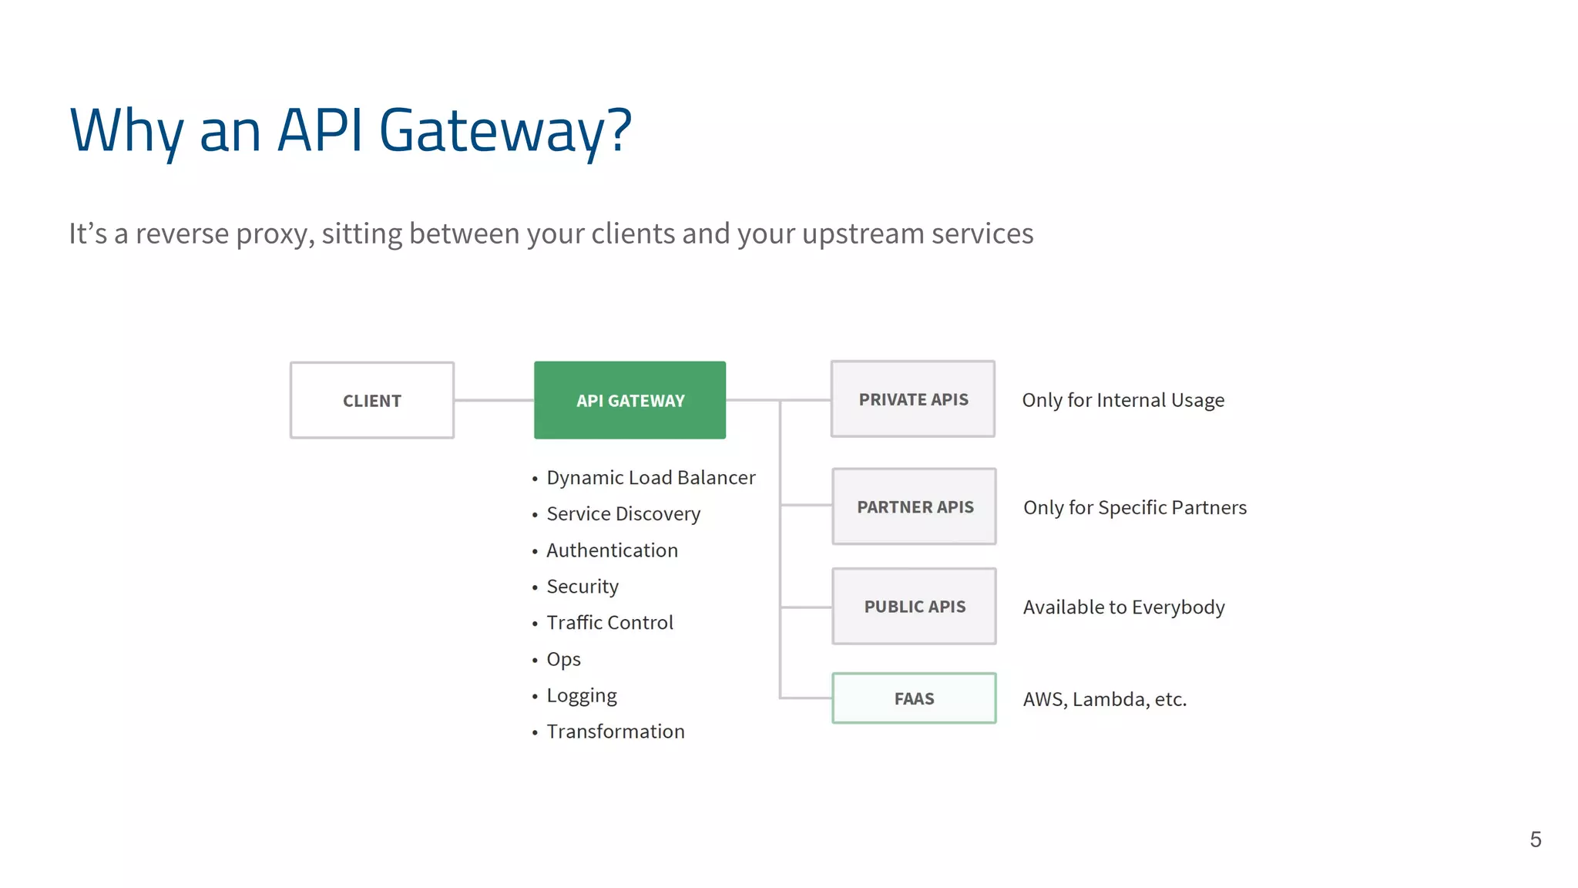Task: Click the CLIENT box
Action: [x=372, y=400]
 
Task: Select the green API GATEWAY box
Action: [x=630, y=400]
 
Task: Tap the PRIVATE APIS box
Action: [x=913, y=399]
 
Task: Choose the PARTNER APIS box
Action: [x=915, y=506]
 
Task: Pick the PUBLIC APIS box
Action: [x=915, y=607]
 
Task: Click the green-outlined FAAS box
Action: [x=914, y=698]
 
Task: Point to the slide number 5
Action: [x=1535, y=839]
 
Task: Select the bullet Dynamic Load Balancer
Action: [x=650, y=478]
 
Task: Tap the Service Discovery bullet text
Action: [x=623, y=514]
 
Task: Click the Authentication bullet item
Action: [x=612, y=550]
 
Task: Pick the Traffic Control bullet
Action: [x=609, y=623]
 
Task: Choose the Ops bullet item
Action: [x=563, y=660]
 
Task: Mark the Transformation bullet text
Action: [x=615, y=732]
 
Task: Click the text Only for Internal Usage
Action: [x=1123, y=400]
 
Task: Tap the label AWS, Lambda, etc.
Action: [x=1104, y=699]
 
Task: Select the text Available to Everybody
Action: [x=1123, y=607]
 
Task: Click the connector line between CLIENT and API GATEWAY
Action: [x=494, y=400]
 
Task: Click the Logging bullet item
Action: [x=582, y=696]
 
